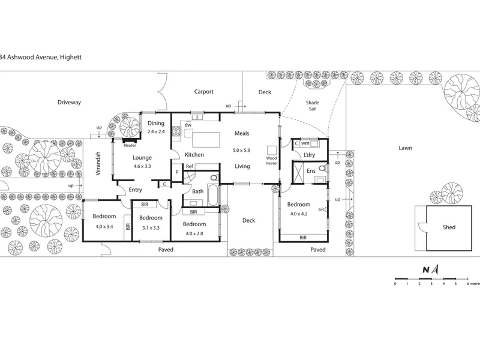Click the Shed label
click(449, 227)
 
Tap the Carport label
click(203, 92)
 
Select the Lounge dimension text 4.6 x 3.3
click(142, 167)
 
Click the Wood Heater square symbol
click(272, 151)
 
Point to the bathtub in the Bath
click(213, 194)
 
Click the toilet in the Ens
click(322, 168)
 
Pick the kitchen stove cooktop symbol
click(176, 131)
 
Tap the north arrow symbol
click(436, 269)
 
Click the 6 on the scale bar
click(468, 284)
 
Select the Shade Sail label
click(312, 106)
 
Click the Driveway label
click(69, 102)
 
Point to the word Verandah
click(98, 163)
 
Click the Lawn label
click(406, 148)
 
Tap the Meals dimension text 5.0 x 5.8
click(241, 151)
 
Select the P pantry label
click(176, 172)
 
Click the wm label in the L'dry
click(305, 143)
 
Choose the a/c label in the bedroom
click(321, 209)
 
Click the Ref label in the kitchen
click(190, 166)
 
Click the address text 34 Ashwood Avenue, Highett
click(41, 57)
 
